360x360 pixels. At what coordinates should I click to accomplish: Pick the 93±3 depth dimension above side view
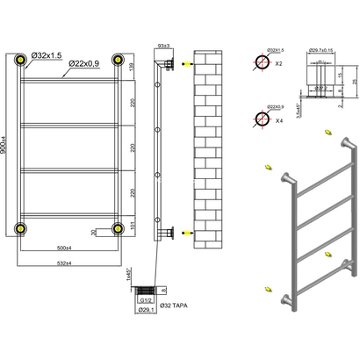162,45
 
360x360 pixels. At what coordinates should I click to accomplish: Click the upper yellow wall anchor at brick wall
184,65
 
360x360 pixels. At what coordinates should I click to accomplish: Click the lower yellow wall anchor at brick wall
184,234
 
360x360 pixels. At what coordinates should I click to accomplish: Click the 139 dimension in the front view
132,68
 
